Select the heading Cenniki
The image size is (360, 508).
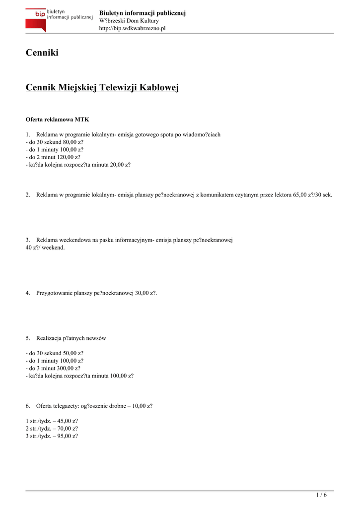click(x=42, y=53)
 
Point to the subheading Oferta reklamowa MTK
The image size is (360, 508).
click(x=57, y=120)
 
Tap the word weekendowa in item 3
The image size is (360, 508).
click(x=72, y=240)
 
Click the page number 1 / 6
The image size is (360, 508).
click(x=321, y=495)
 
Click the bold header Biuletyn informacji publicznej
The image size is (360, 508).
click(x=143, y=13)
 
